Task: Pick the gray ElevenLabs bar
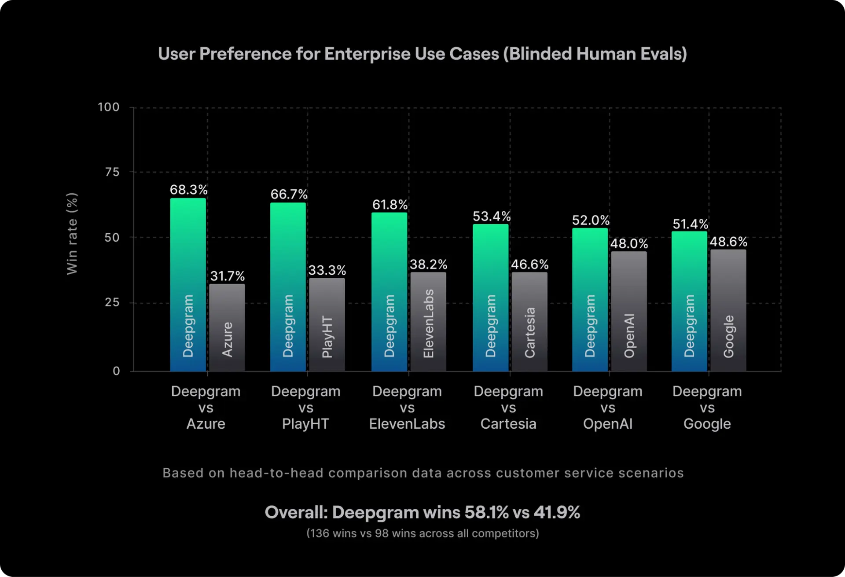tap(428, 321)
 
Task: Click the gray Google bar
tap(728, 310)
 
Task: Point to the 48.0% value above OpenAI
tap(629, 243)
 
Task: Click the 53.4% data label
tap(492, 216)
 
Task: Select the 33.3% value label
tap(327, 270)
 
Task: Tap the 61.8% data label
tap(390, 205)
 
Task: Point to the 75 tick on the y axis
tap(112, 172)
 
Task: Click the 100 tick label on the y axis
tap(109, 107)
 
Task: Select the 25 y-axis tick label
tap(112, 302)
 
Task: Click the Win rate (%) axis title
tap(72, 234)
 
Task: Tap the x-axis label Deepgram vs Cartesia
tap(508, 407)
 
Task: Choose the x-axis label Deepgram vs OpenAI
tap(608, 407)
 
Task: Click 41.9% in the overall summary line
tap(557, 512)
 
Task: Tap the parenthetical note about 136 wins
tap(422, 533)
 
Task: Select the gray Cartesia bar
tap(529, 321)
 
